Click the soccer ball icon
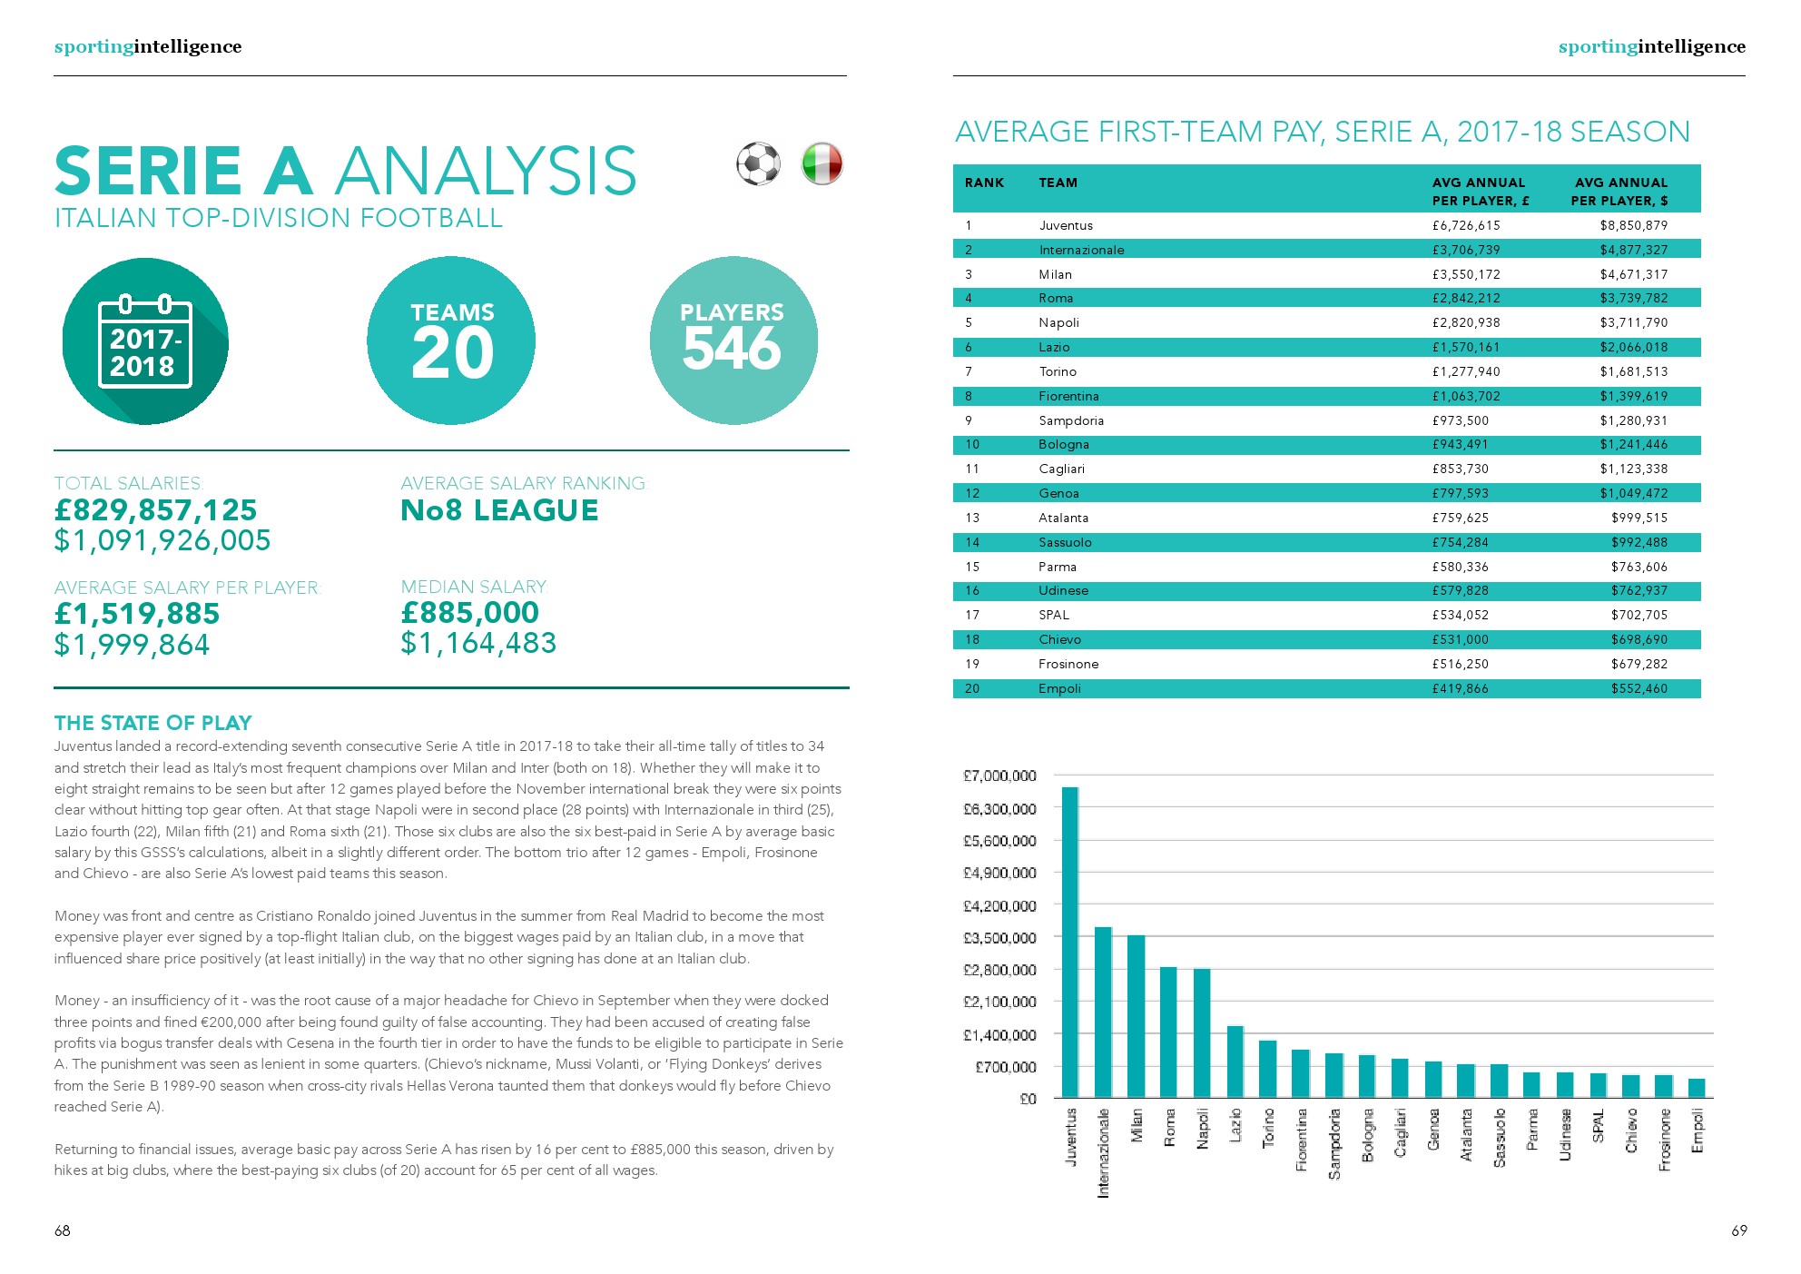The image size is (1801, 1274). [x=757, y=164]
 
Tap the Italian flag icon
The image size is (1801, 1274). [x=822, y=164]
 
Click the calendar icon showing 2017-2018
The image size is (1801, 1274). [x=145, y=342]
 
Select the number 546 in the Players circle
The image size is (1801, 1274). [x=732, y=349]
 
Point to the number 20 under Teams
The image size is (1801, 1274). [x=452, y=353]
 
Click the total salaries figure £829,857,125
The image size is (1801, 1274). [x=155, y=510]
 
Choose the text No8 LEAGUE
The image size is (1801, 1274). [x=499, y=510]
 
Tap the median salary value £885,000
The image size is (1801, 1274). [x=470, y=613]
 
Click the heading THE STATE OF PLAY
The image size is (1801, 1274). [x=153, y=723]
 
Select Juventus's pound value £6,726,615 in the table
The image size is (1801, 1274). [x=1466, y=225]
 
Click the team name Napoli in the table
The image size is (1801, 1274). [x=1058, y=322]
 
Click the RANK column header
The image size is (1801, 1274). [x=984, y=183]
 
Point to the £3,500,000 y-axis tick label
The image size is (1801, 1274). [x=999, y=937]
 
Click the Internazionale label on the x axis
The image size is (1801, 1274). [x=1103, y=1151]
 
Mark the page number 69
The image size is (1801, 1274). [x=1738, y=1230]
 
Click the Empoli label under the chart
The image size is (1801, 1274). [x=1697, y=1131]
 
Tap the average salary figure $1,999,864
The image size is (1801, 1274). [x=132, y=645]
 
